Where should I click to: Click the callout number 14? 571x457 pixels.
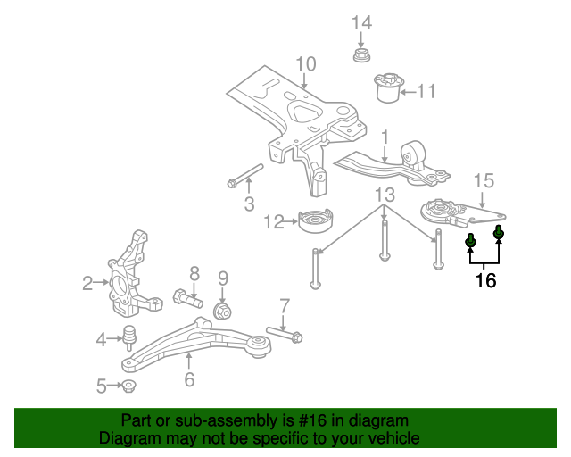tap(360, 22)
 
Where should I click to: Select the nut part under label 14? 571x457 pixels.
tap(361, 58)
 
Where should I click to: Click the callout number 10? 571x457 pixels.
tap(305, 63)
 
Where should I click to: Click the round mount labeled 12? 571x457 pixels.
tap(314, 220)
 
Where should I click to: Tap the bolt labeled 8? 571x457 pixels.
tap(186, 297)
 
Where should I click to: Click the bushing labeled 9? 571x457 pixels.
tap(224, 312)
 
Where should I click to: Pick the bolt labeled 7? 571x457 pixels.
tap(285, 336)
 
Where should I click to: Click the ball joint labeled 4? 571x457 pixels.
tap(130, 337)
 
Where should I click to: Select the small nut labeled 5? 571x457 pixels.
tap(128, 386)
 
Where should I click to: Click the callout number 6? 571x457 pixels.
tap(189, 379)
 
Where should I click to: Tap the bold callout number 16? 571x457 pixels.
tap(484, 280)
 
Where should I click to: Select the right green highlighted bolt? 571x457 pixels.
tap(499, 235)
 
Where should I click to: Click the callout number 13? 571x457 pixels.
tap(384, 195)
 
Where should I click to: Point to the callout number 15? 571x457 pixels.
tap(483, 181)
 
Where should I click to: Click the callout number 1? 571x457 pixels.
tap(385, 137)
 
